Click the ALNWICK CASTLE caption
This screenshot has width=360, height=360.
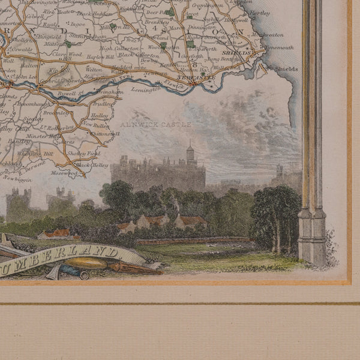155,124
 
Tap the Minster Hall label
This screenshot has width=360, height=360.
41,136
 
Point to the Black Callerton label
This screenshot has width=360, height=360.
135,54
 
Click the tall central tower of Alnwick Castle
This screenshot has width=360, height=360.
190,155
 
